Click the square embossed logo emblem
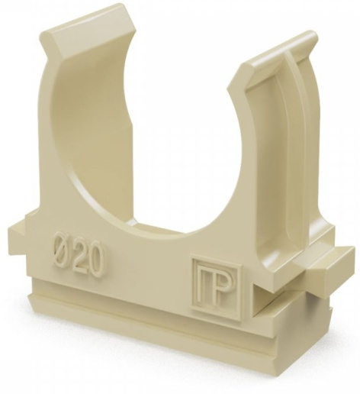coord(217,289)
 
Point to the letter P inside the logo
coord(224,292)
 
